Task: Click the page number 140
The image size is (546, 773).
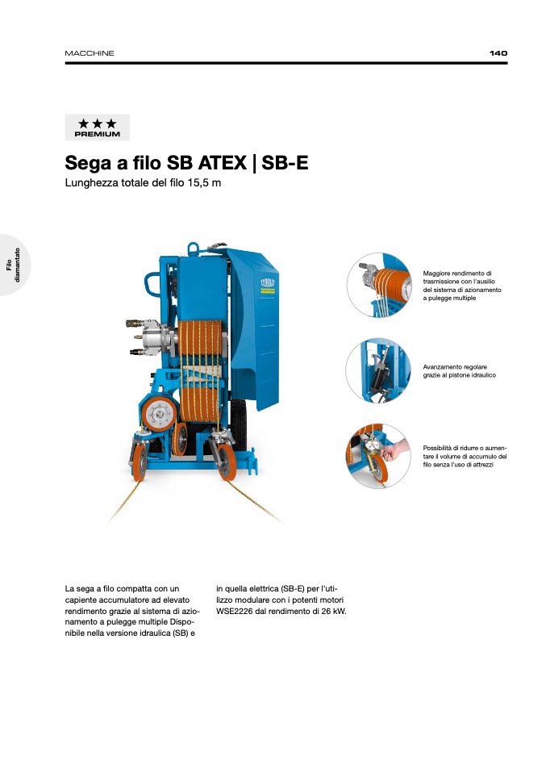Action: point(498,53)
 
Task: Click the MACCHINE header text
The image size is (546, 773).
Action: point(90,53)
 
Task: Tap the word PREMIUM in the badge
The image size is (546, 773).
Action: point(97,134)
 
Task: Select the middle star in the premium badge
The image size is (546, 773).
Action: point(97,123)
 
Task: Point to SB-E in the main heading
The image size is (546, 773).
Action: point(285,163)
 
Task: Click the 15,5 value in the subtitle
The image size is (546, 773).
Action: point(198,183)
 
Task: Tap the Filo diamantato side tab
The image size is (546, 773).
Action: point(13,265)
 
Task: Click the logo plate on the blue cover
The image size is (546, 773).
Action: point(268,286)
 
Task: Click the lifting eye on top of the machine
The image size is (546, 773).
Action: point(193,248)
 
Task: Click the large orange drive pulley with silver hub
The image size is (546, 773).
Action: point(159,414)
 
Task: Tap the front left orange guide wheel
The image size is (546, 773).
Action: point(139,462)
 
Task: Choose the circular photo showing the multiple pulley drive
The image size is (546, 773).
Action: point(378,285)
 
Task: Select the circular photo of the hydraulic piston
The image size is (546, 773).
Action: point(378,370)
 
